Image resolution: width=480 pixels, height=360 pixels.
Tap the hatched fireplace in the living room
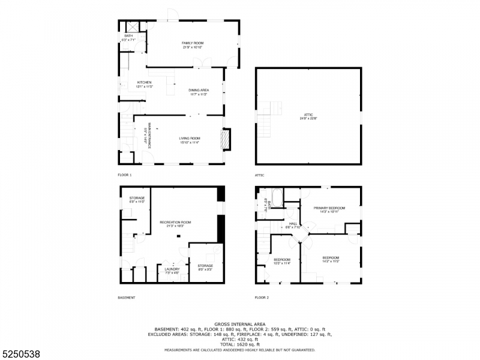pyautogui.click(x=226, y=139)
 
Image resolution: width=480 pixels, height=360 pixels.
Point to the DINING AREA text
pyautogui.click(x=199, y=92)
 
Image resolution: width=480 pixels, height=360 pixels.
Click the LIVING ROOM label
pyautogui.click(x=189, y=140)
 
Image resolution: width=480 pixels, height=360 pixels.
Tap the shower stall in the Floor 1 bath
pyautogui.click(x=133, y=28)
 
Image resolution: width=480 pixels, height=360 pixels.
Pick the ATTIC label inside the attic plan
pyautogui.click(x=308, y=116)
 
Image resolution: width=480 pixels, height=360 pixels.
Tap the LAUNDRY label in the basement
pyautogui.click(x=172, y=271)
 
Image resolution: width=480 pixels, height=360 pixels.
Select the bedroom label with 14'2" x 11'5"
pyautogui.click(x=331, y=259)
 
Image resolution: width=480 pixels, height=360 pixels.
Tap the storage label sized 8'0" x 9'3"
pyautogui.click(x=205, y=267)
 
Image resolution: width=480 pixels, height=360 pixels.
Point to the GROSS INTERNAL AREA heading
pyautogui.click(x=240, y=324)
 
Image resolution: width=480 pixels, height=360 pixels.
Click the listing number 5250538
pyautogui.click(x=21, y=354)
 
